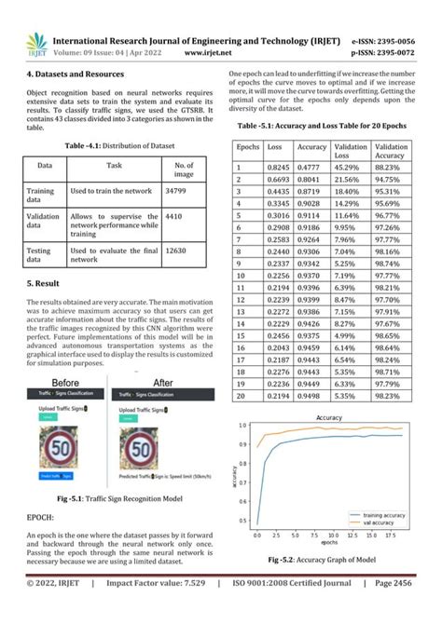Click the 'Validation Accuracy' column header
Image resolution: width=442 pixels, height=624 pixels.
(391, 152)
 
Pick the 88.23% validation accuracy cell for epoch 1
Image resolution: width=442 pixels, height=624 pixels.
(390, 166)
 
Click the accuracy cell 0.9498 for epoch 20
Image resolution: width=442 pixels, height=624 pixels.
(311, 395)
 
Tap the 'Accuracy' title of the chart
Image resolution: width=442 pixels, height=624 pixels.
(327, 418)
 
